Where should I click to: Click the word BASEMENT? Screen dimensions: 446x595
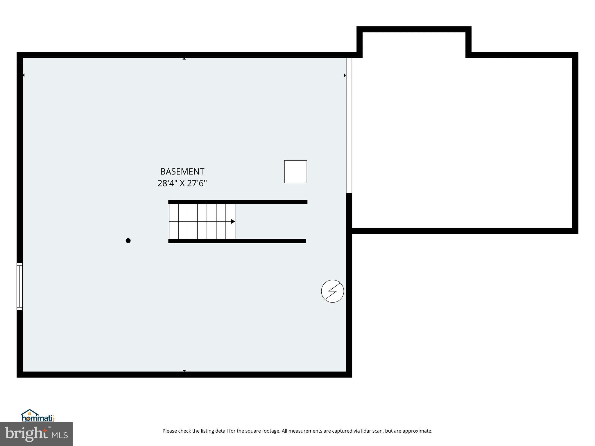click(182, 172)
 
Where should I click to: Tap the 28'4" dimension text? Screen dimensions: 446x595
click(167, 184)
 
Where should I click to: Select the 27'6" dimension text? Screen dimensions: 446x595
click(197, 184)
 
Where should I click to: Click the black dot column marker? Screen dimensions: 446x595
click(128, 240)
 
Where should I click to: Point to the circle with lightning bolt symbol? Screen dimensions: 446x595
click(332, 291)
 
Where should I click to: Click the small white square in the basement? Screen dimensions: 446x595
click(295, 172)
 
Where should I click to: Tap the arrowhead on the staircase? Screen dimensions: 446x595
click(233, 222)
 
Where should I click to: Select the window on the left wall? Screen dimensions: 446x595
click(19, 286)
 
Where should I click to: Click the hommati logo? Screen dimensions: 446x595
click(37, 416)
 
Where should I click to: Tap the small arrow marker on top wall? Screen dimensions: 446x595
click(184, 59)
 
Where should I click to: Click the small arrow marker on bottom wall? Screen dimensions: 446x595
click(184, 371)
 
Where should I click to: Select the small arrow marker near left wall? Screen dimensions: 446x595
click(24, 75)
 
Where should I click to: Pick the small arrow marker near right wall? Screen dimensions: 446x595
click(345, 75)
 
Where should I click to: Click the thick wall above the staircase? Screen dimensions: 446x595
click(238, 202)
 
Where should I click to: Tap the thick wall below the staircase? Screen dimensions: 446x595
click(237, 241)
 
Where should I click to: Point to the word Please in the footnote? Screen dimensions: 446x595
click(170, 431)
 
